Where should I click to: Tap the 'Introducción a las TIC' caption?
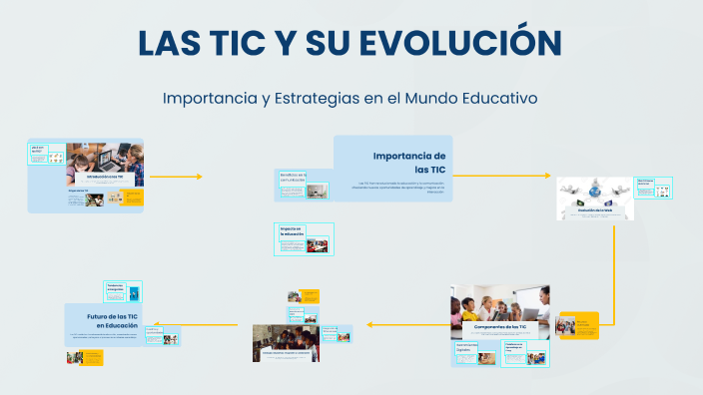[106, 177]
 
